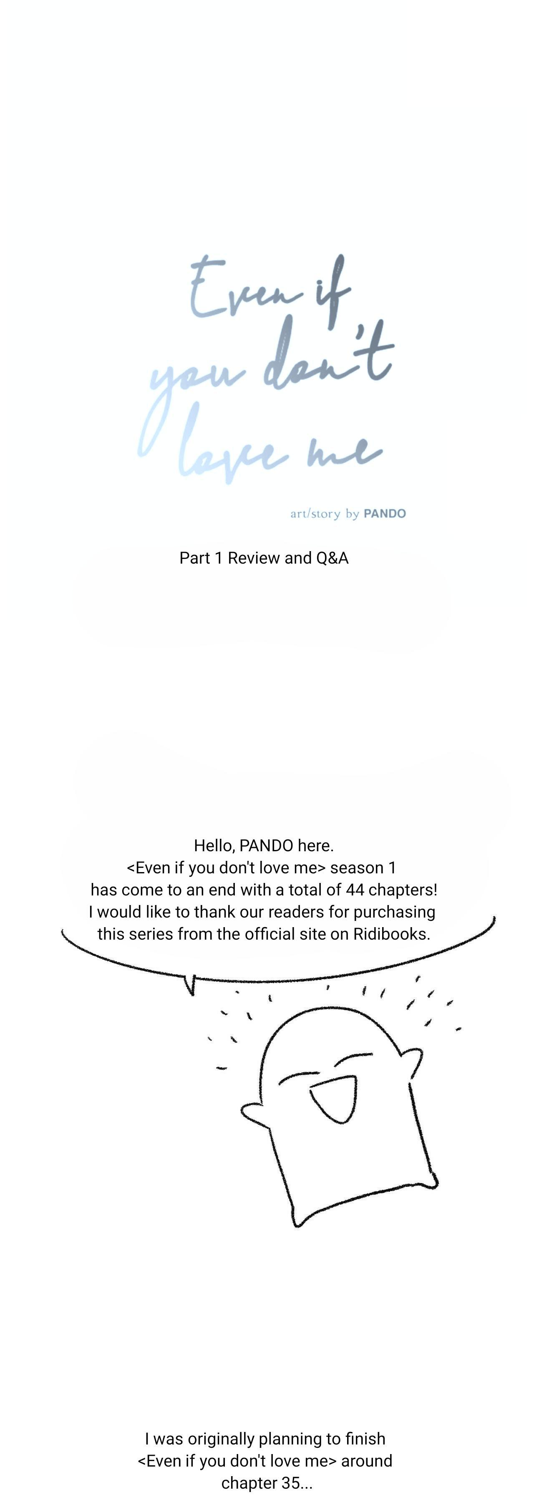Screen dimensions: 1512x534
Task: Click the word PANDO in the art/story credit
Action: [385, 514]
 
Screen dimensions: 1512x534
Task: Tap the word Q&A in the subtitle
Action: [332, 558]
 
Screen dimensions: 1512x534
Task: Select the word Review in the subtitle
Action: [253, 558]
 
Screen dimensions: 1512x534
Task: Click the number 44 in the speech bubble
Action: [355, 890]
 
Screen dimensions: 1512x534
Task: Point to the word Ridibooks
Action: [391, 934]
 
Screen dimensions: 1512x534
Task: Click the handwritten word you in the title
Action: [194, 381]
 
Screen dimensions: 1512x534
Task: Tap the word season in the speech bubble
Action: [357, 868]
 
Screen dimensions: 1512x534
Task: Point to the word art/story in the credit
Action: [315, 514]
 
